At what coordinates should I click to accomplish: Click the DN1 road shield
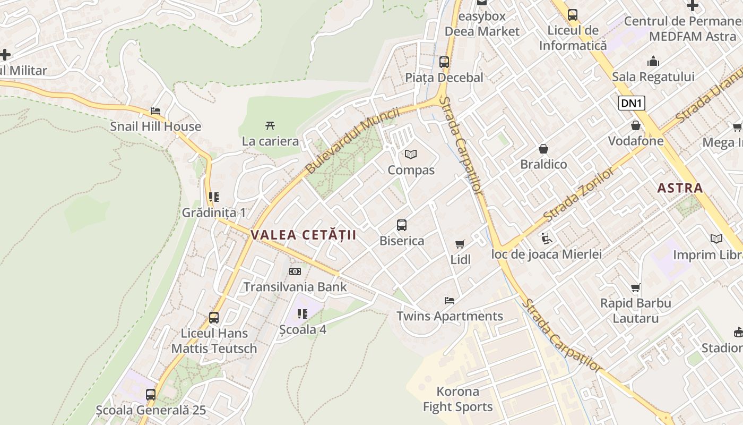pos(632,103)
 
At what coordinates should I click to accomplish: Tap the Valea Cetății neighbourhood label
pos(303,235)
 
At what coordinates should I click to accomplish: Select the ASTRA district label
pos(680,188)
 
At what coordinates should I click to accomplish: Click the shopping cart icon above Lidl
pos(460,244)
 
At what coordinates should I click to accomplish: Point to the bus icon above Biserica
pos(402,225)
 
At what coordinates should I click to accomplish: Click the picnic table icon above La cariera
pos(270,126)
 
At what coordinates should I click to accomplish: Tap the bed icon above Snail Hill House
pos(155,111)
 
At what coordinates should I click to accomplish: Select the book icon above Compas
pos(411,155)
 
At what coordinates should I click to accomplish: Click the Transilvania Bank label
pos(295,287)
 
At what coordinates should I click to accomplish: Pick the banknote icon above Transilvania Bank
pos(295,272)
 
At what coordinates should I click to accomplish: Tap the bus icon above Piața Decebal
pos(444,62)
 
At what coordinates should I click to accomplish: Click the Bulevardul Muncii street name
pos(352,140)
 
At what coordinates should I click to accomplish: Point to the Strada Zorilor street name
pos(581,194)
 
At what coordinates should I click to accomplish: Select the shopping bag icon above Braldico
pos(543,149)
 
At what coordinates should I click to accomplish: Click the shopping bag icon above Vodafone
pos(635,125)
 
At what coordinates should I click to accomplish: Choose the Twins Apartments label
pos(450,317)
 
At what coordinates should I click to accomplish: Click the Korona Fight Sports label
pos(457,399)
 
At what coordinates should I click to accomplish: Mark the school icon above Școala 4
pos(303,314)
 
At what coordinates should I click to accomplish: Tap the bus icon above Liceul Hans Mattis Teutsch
pos(214,318)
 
